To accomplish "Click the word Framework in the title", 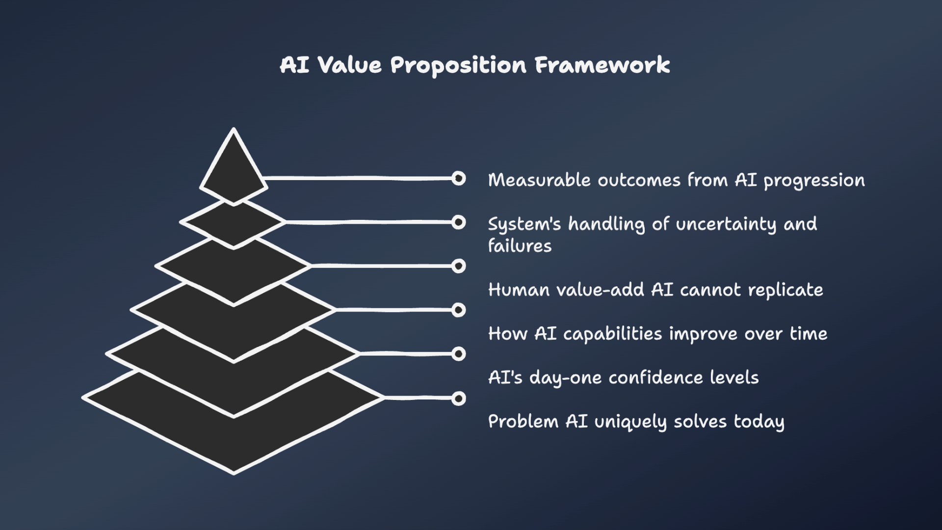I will point(602,65).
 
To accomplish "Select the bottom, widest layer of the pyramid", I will point(234,442).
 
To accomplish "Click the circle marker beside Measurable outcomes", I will point(459,178).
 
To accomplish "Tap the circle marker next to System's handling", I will point(459,222).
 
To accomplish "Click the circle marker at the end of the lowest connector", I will point(459,398).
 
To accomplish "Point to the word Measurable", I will point(539,180).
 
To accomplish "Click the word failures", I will point(520,245).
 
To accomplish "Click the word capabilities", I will point(612,334).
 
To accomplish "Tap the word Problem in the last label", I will point(523,422).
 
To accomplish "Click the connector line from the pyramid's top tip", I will point(358,178).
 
